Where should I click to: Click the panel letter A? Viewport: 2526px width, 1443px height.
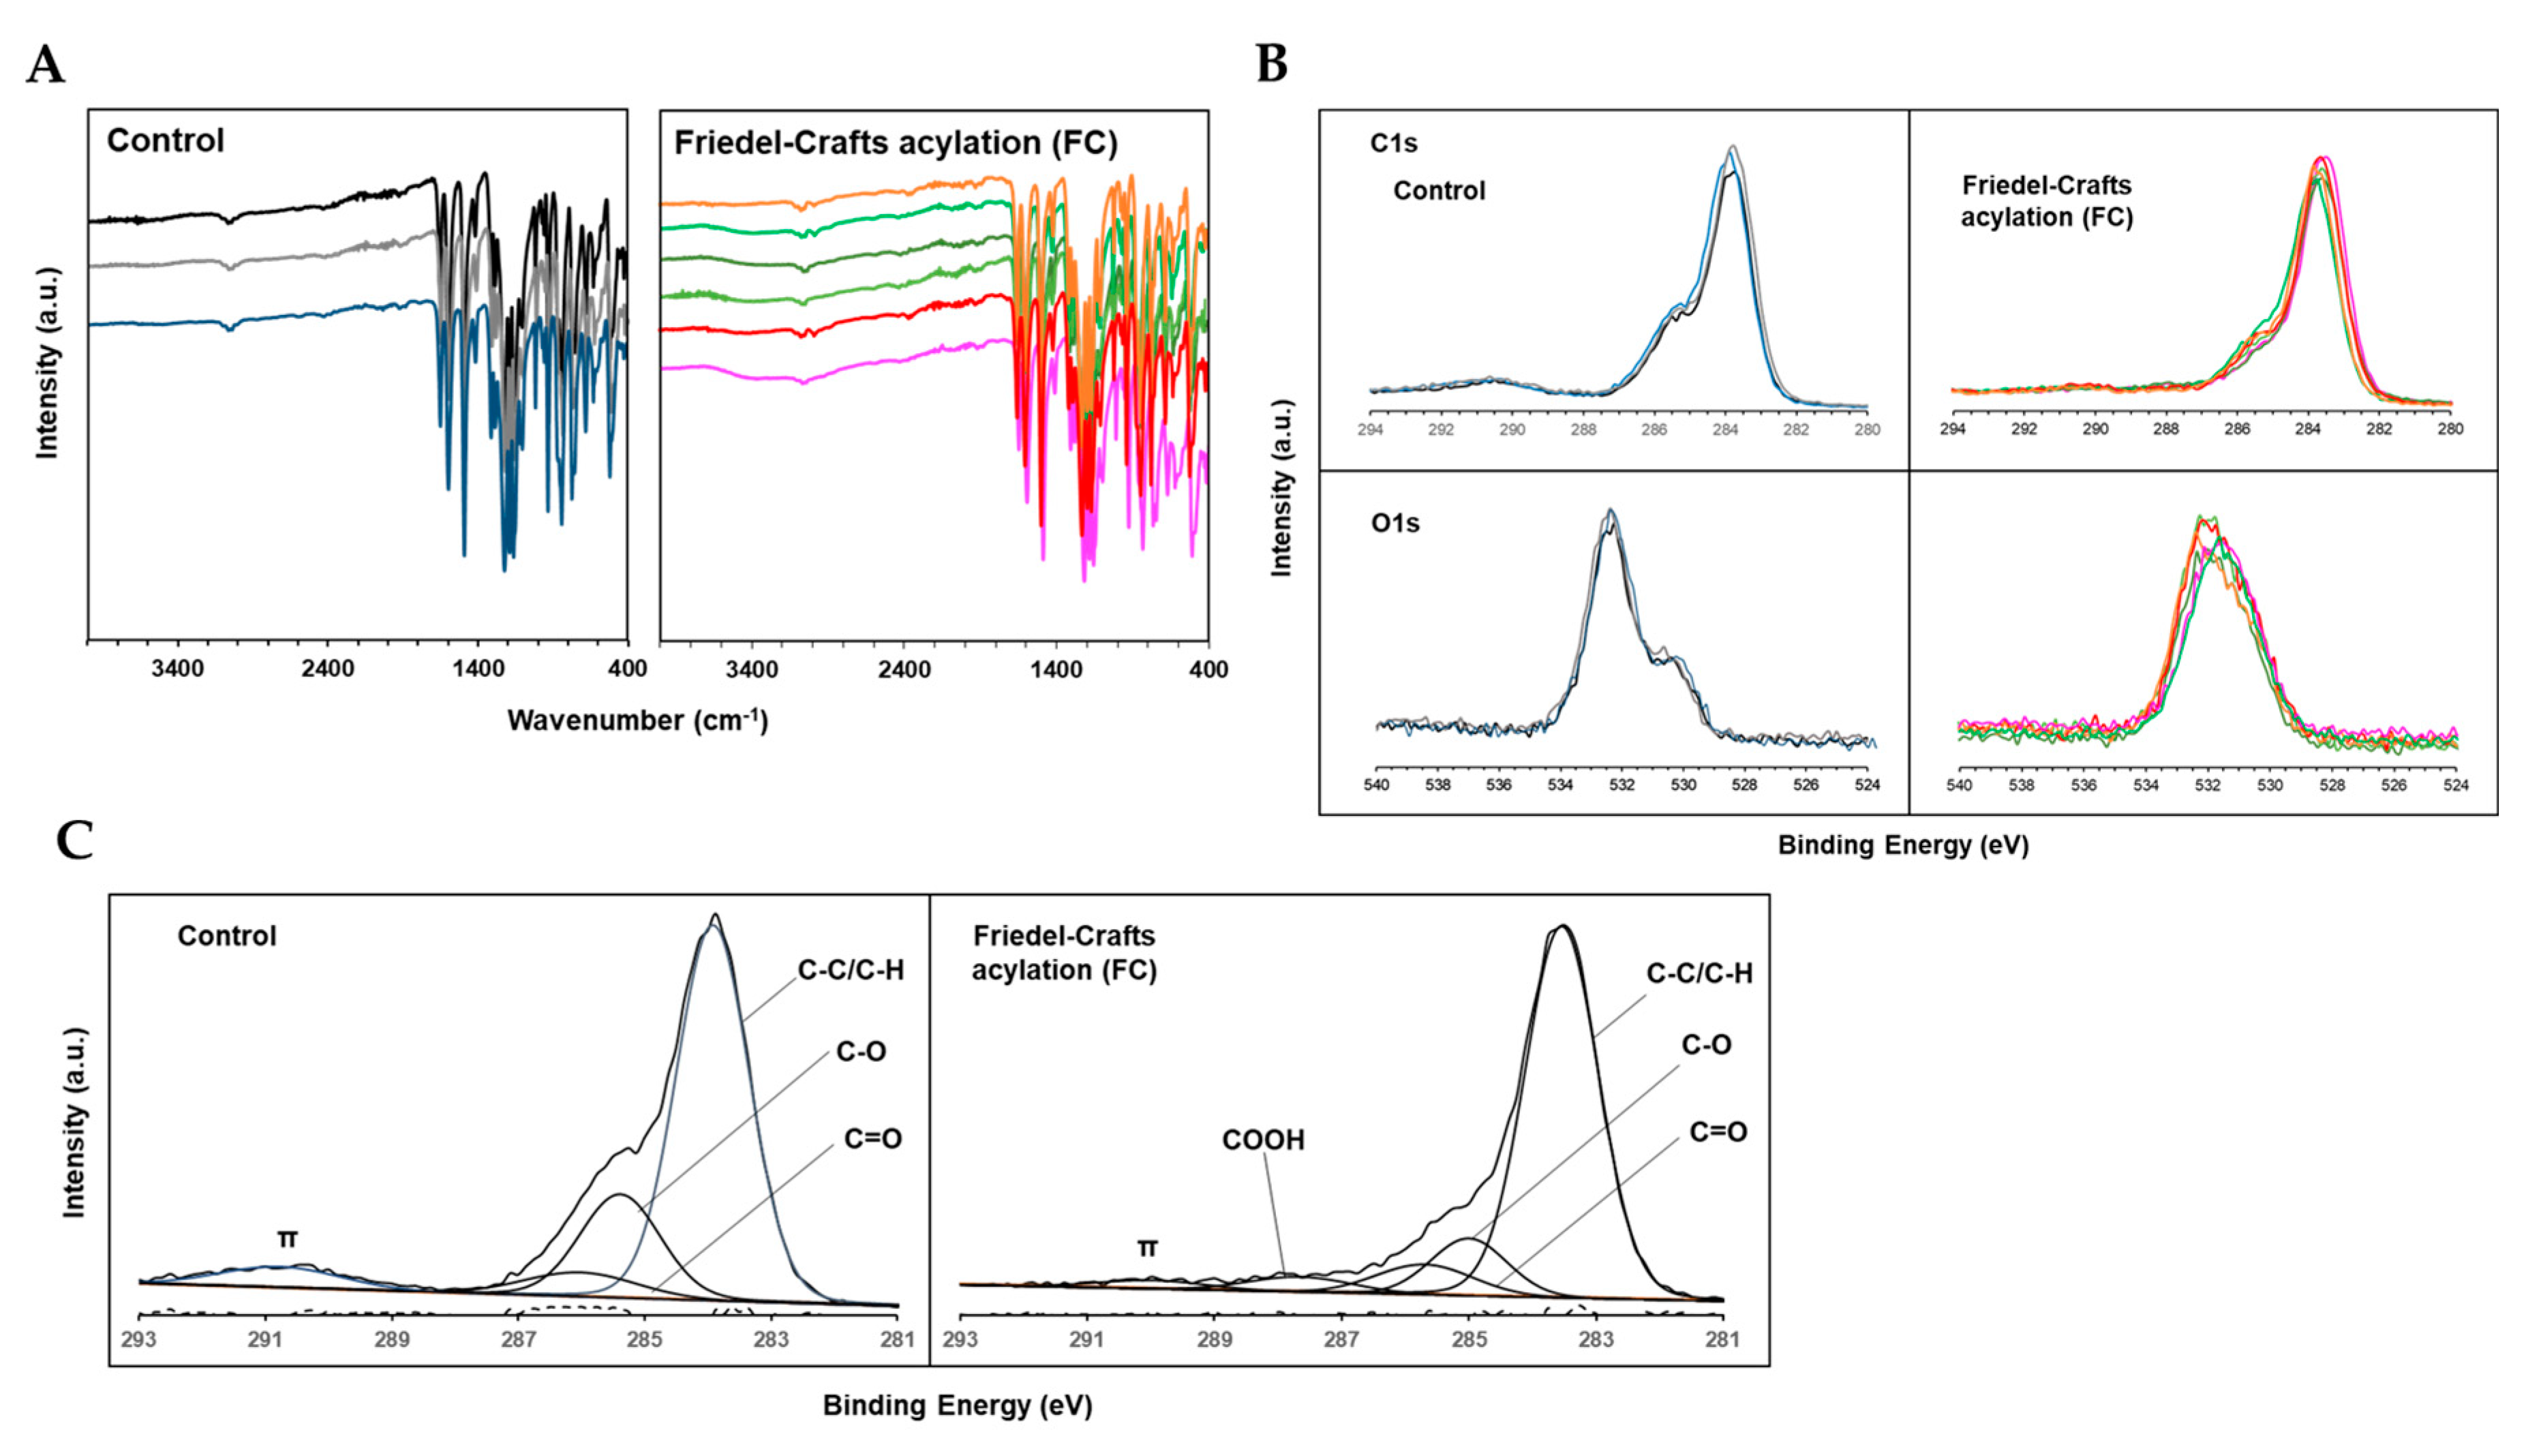[x=46, y=65]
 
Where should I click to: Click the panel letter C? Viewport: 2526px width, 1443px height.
[x=74, y=840]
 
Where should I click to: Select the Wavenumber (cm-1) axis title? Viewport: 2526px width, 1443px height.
[x=637, y=720]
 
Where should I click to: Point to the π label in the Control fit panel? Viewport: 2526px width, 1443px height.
[x=288, y=1239]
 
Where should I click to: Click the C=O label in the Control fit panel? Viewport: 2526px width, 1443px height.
[x=872, y=1139]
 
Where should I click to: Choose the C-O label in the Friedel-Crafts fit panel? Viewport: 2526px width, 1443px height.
[x=1705, y=1044]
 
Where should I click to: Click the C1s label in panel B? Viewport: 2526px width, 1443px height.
[x=1393, y=142]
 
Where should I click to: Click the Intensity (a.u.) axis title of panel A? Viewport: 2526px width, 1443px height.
[x=46, y=363]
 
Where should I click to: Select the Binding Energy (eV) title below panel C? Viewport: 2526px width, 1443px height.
[x=956, y=1406]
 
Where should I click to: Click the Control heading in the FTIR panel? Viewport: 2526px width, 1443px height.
[x=166, y=140]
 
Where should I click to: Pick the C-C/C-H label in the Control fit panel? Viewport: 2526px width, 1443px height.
[x=850, y=969]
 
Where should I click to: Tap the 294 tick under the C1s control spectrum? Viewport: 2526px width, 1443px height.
[x=1371, y=430]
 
